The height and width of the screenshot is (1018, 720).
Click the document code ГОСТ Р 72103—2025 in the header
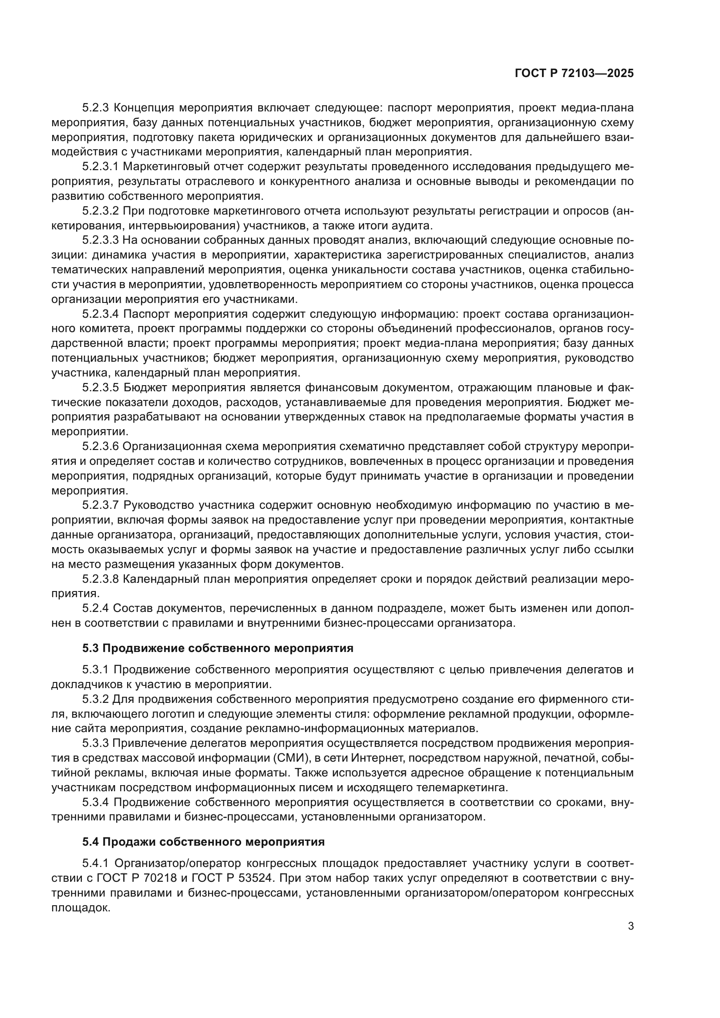click(x=574, y=74)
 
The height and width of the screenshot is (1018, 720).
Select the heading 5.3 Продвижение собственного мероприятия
click(x=218, y=648)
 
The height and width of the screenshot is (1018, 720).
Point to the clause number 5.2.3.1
click(x=101, y=167)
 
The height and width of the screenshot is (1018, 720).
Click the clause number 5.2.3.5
click(x=101, y=388)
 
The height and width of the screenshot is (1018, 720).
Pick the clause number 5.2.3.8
click(x=101, y=579)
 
